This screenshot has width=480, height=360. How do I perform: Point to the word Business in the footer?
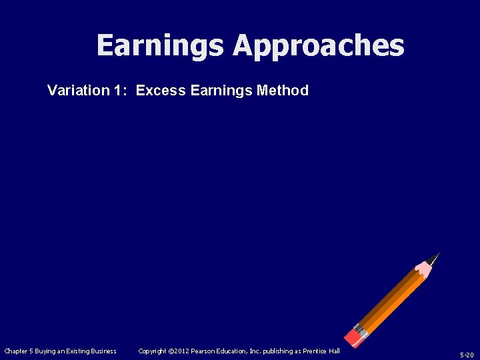(102, 351)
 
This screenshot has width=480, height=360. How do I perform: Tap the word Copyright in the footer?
(152, 351)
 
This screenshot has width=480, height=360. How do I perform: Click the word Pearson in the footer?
(203, 351)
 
